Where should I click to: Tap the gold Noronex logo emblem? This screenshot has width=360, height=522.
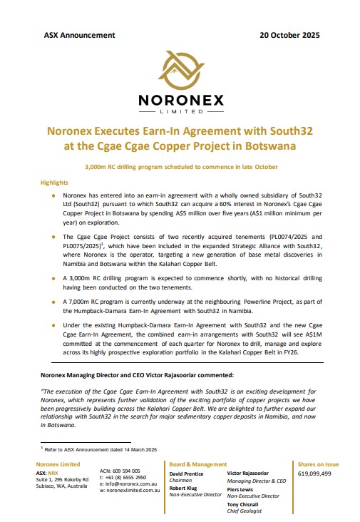pyautogui.click(x=179, y=68)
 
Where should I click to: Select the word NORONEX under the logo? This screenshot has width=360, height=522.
pyautogui.click(x=179, y=101)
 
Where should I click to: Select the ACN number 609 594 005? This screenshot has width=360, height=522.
pyautogui.click(x=125, y=471)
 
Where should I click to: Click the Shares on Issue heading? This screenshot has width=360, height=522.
pyautogui.click(x=317, y=464)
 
